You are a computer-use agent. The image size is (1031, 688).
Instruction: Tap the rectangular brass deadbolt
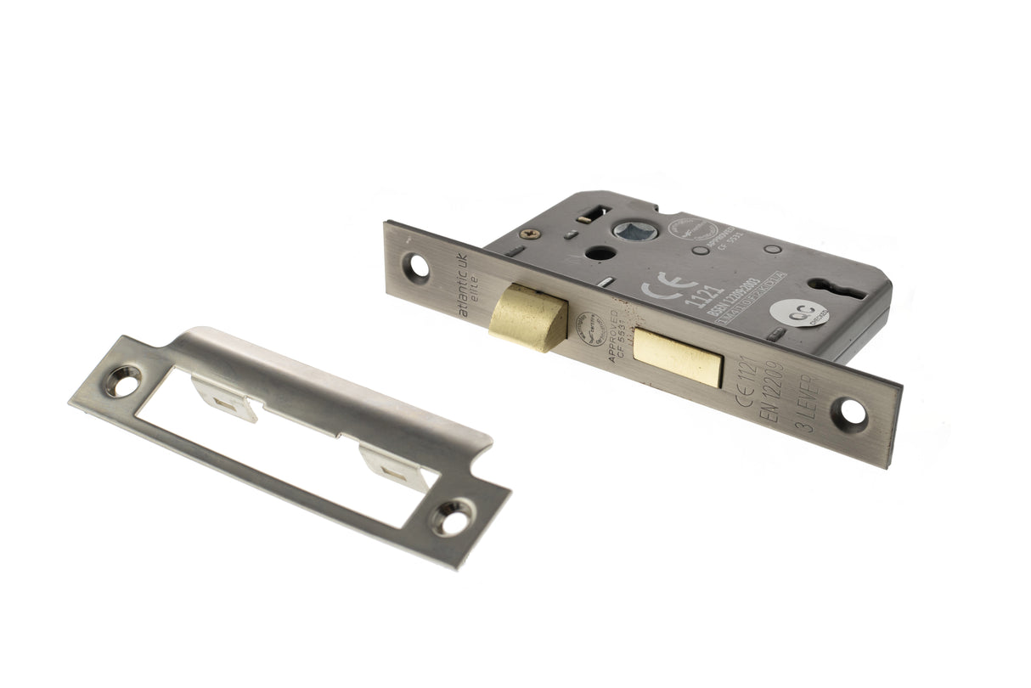(678, 358)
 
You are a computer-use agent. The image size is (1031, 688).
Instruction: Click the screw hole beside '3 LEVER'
(849, 413)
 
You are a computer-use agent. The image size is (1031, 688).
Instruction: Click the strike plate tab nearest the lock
(393, 464)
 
